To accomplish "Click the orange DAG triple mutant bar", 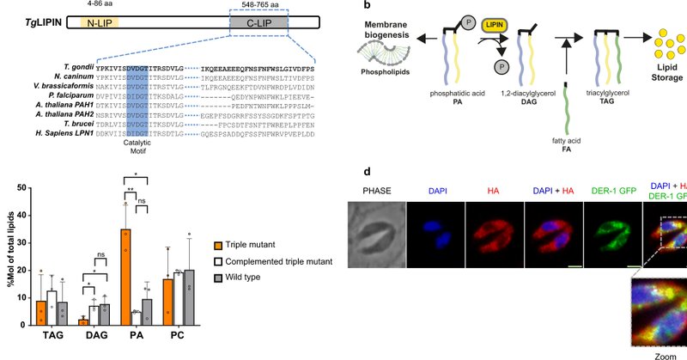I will coord(82,320).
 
